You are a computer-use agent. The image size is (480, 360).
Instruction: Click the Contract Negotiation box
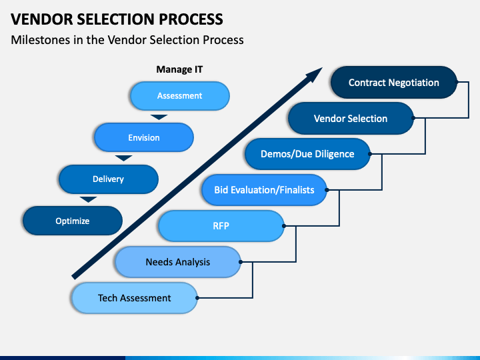pos(394,83)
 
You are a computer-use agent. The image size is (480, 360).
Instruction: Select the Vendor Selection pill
pos(351,118)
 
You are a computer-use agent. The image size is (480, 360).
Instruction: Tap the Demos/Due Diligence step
pos(307,154)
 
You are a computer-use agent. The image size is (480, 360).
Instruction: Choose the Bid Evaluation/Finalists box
pos(264,190)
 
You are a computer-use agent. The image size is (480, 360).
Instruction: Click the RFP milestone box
pos(221,226)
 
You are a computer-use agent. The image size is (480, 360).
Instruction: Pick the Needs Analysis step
pos(178,262)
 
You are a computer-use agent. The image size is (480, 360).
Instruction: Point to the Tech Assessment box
pos(135,298)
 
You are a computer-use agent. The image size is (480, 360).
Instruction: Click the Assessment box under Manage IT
pos(180,96)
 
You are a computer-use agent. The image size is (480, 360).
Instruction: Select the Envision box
pos(144,137)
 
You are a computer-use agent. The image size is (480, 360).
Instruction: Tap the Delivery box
pos(109,179)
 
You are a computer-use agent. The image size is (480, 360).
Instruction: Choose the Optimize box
pos(73,221)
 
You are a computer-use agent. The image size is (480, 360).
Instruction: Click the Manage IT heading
pos(179,69)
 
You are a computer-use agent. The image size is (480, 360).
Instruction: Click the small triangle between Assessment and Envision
pos(159,117)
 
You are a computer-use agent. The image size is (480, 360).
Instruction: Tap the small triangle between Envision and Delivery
pos(124,158)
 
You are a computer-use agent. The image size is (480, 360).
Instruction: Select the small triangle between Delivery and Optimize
pos(88,199)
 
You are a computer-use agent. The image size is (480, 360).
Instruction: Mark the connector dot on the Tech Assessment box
pos(197,298)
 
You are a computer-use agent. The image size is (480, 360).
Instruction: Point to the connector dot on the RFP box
pos(284,226)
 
